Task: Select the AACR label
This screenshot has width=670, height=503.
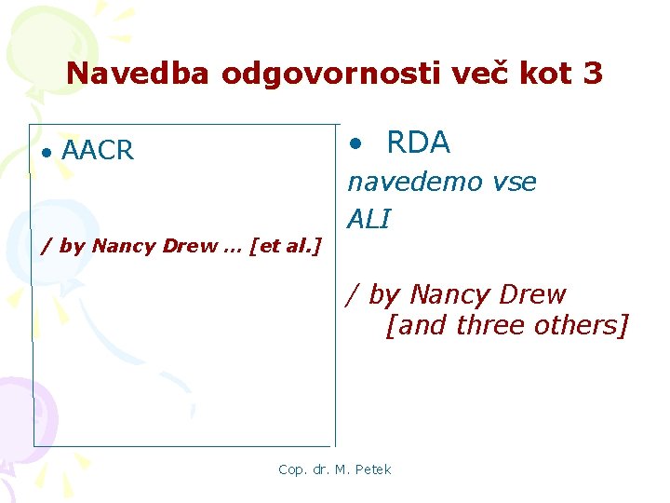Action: point(98,150)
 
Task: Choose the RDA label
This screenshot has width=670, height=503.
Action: point(418,143)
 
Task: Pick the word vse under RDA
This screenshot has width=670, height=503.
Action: point(515,183)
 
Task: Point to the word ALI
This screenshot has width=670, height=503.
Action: point(368,220)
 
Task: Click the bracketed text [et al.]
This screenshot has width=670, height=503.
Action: point(285,246)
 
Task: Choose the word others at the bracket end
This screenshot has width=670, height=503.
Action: point(586,327)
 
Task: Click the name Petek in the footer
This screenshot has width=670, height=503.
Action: point(373,469)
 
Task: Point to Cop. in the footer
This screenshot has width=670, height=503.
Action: point(292,469)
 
